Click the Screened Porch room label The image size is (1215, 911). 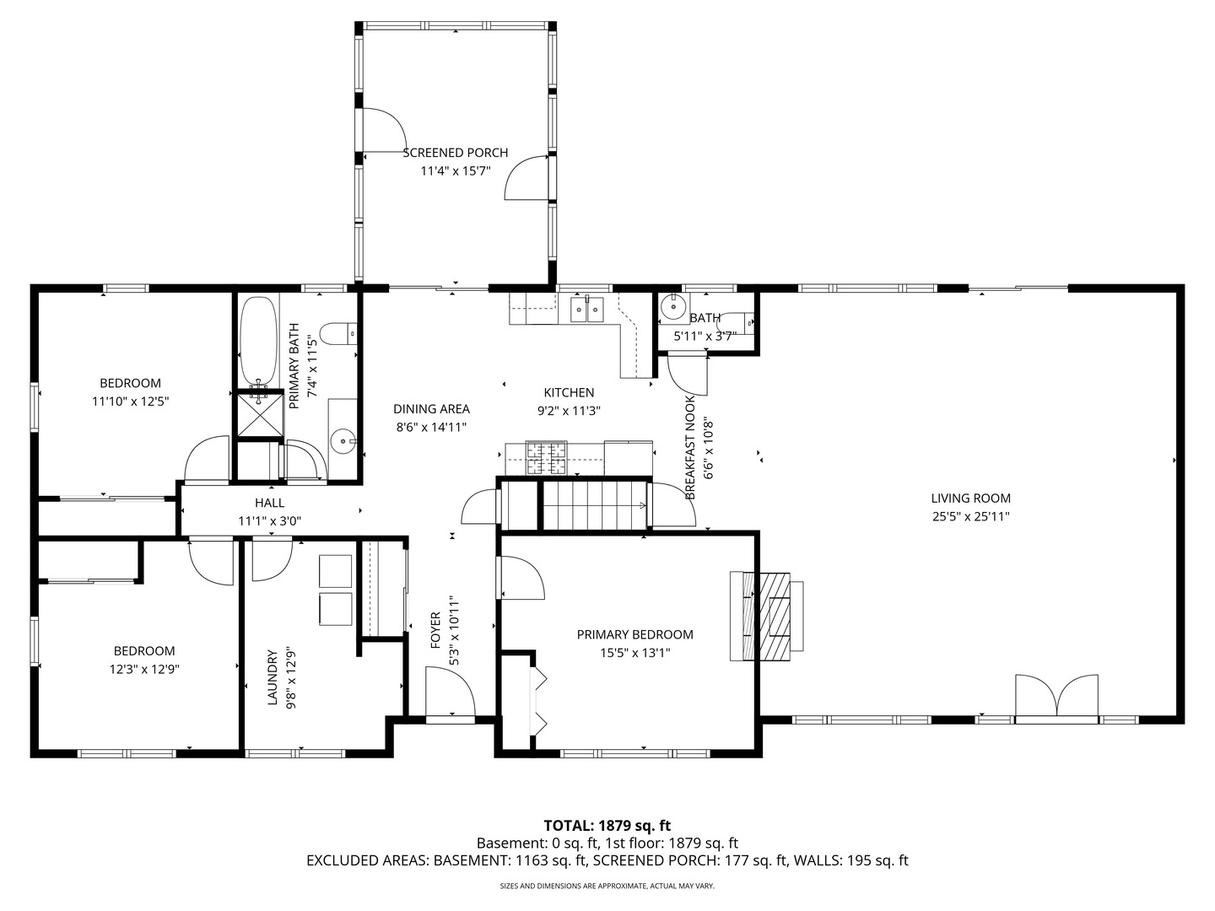455,153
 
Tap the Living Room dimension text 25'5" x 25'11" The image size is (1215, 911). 971,516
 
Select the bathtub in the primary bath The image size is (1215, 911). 258,341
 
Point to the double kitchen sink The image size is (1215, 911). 587,308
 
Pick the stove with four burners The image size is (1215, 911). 547,458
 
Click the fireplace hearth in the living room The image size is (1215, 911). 775,616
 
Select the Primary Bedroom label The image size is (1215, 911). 634,634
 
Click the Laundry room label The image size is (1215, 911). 272,677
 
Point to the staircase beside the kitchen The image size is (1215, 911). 595,505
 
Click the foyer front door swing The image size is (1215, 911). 450,691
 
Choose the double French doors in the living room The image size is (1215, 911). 1056,699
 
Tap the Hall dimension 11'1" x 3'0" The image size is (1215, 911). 269,521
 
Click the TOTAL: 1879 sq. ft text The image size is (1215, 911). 607,825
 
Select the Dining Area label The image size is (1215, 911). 431,409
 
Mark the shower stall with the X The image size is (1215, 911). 260,413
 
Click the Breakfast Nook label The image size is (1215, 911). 689,447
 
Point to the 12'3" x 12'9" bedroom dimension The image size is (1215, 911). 144,669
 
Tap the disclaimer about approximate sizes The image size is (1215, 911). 607,886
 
